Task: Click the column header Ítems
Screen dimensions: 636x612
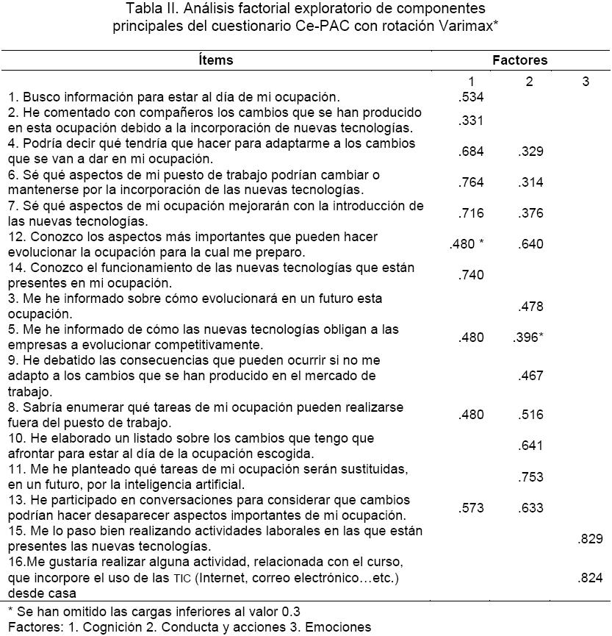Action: pos(215,60)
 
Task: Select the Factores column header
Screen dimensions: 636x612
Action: pos(519,60)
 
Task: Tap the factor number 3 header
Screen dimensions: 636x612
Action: pos(586,82)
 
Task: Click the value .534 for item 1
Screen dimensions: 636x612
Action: pos(471,96)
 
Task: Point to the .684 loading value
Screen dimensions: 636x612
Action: pos(471,151)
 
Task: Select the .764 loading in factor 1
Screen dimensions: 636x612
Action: pos(471,182)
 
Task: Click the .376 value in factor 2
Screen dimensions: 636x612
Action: pos(530,213)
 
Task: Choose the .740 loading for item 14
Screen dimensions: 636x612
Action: pos(471,274)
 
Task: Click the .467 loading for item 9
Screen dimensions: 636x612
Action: pos(530,376)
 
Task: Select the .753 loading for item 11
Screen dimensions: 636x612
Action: pos(530,477)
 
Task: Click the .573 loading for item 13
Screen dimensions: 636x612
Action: pos(471,507)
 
